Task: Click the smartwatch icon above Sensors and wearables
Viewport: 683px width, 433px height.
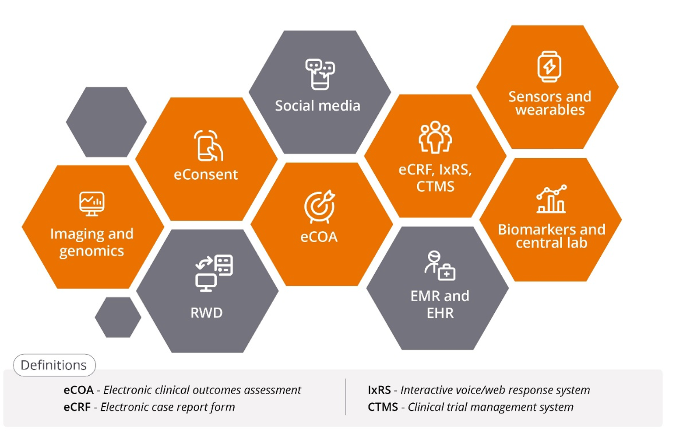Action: (549, 66)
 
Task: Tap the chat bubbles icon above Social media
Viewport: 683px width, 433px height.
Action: (320, 74)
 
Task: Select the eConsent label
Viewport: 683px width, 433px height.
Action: (206, 175)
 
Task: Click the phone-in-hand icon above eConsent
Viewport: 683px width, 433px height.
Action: (208, 145)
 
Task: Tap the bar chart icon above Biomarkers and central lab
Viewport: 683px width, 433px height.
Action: (551, 199)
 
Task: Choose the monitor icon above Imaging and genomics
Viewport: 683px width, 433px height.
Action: (92, 204)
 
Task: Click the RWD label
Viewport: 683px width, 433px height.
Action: (206, 313)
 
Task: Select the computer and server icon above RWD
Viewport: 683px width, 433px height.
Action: (214, 273)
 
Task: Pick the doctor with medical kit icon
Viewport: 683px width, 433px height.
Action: (440, 265)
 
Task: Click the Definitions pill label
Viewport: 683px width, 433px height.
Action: (54, 365)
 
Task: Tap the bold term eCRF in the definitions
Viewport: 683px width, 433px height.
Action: (77, 407)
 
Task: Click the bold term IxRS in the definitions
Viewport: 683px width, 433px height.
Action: (379, 390)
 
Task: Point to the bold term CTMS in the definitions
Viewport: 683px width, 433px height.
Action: (383, 407)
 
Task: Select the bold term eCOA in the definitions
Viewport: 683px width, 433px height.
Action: (79, 390)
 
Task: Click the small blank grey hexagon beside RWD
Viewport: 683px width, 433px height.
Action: (118, 317)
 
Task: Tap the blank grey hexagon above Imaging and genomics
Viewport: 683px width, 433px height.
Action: (106, 122)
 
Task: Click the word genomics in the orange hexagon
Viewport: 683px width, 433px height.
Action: (92, 251)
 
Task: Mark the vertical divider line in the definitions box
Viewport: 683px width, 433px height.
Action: (346, 397)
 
